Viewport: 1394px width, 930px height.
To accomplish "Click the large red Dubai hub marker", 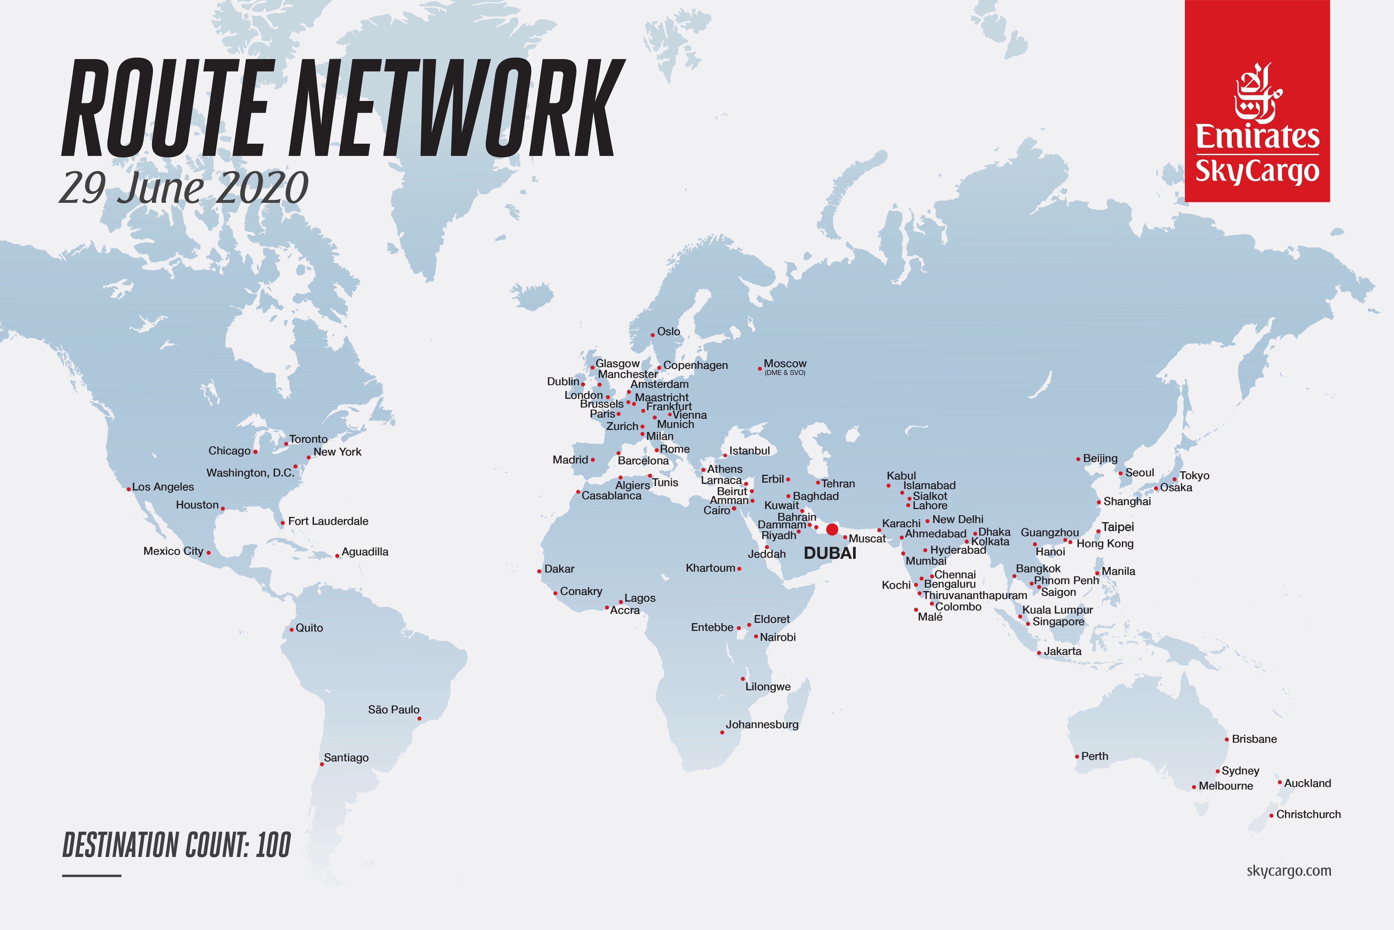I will coord(832,529).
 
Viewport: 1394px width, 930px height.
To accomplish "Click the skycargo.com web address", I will coord(1288,871).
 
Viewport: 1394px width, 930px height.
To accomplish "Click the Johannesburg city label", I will coord(762,724).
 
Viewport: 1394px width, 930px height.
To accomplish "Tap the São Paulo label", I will coord(394,709).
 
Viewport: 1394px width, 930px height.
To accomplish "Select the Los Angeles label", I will coord(163,487).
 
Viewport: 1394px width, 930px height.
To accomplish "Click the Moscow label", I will coord(785,364).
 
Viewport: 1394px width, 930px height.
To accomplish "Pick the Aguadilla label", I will coord(365,552).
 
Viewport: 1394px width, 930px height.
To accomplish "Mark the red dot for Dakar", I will coord(539,571).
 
